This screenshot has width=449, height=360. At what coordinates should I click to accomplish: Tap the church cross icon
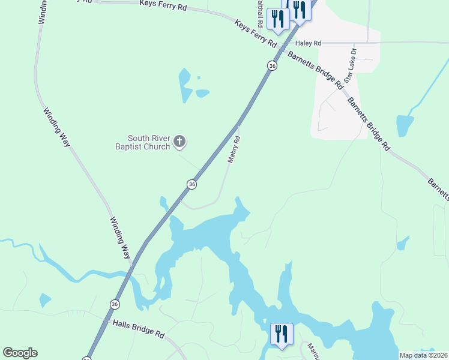click(179, 142)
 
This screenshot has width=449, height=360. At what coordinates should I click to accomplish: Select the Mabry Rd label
click(234, 149)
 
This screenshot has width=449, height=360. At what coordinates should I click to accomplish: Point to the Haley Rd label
click(309, 43)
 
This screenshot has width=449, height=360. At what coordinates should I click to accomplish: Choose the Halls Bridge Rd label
click(138, 328)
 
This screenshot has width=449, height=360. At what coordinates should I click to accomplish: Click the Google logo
click(20, 353)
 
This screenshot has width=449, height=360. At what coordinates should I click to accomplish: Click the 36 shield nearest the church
click(191, 185)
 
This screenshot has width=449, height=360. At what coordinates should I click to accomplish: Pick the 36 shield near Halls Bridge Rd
click(114, 304)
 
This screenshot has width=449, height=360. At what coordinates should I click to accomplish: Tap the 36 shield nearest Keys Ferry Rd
click(272, 66)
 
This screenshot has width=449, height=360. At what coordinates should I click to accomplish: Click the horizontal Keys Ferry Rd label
click(164, 4)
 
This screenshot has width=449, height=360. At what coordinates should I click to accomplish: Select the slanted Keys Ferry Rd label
click(255, 34)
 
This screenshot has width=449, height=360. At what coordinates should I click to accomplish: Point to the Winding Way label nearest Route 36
click(120, 238)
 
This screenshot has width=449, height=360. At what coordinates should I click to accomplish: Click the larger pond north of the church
click(185, 86)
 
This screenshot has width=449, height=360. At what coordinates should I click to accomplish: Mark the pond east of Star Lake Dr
click(405, 125)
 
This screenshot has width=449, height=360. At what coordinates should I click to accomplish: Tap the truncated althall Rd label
click(259, 12)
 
